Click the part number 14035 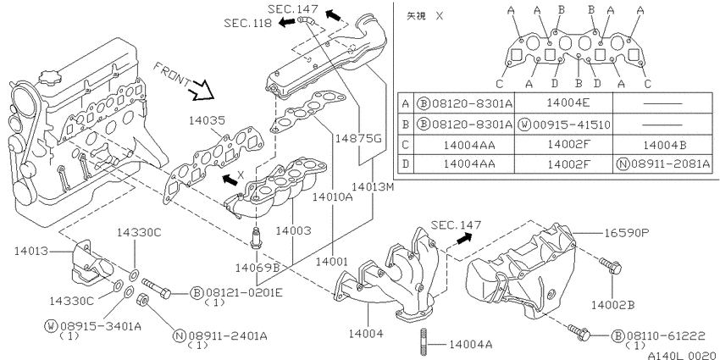207,121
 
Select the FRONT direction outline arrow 202,90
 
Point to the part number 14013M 373,187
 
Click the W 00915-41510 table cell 564,125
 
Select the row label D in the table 405,164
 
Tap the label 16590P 625,233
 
